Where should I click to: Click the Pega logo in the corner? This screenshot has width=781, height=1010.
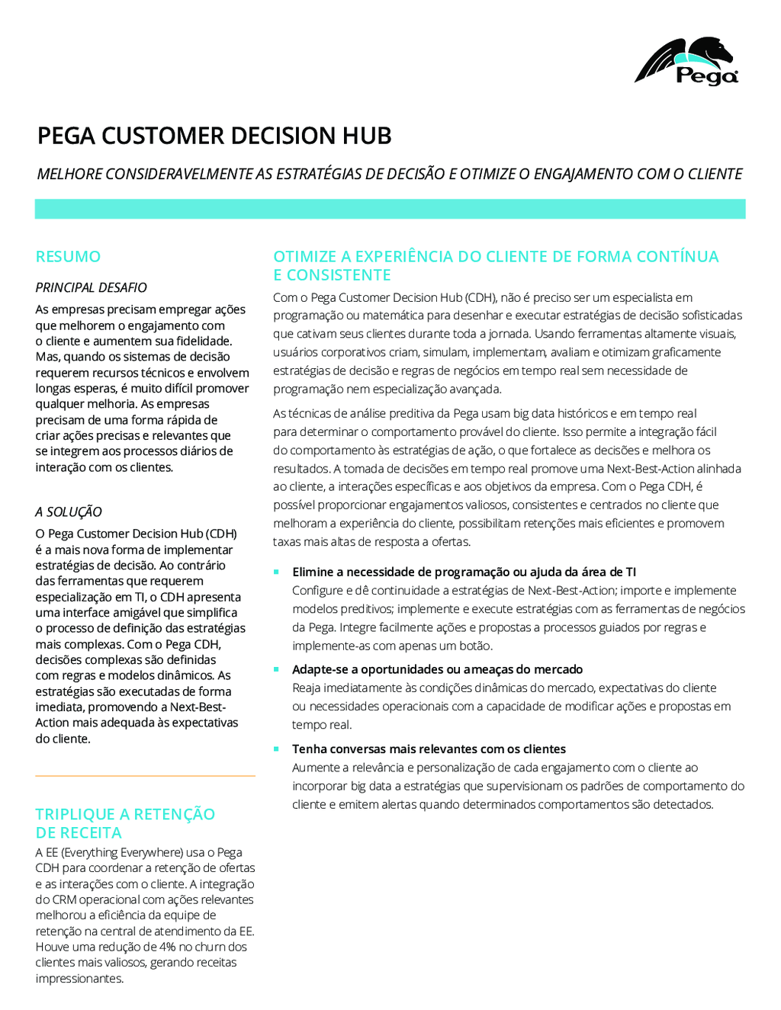click(x=687, y=61)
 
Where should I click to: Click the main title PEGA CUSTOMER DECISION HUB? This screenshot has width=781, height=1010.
click(x=214, y=136)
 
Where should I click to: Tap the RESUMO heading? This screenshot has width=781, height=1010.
click(x=68, y=257)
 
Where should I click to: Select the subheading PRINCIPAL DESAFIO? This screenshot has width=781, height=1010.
click(x=91, y=287)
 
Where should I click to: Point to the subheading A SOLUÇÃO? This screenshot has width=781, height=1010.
click(x=69, y=512)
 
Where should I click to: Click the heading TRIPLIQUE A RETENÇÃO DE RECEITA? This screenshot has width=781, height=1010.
click(x=125, y=823)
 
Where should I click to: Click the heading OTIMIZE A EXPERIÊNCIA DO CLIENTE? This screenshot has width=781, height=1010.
click(x=496, y=265)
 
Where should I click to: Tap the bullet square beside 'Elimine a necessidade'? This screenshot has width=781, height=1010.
click(x=276, y=572)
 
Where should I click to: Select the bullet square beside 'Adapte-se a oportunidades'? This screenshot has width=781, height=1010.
click(x=276, y=669)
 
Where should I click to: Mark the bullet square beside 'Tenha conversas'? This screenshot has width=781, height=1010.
click(x=276, y=749)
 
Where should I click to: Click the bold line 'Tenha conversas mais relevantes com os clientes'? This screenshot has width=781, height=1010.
click(x=429, y=749)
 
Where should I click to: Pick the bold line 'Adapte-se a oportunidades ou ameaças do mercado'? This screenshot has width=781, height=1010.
click(x=437, y=669)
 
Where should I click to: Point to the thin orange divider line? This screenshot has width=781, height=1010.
click(x=145, y=776)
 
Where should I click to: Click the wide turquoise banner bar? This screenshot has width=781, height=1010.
click(x=390, y=209)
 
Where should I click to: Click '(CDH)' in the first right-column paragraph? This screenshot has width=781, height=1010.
click(x=480, y=297)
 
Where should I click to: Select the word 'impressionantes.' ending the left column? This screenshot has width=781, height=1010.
click(x=79, y=979)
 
